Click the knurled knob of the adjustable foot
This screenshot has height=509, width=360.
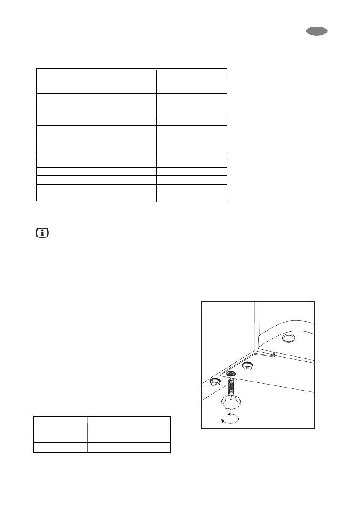[231, 402]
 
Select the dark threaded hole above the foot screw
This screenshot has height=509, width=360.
[231, 374]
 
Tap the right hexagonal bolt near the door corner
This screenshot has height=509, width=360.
[247, 366]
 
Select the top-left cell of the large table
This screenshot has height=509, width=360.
[96, 72]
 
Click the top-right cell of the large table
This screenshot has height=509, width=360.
[192, 72]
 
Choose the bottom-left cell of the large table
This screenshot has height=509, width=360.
[96, 197]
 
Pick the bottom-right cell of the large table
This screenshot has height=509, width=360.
[192, 197]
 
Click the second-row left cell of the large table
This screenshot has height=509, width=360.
[96, 85]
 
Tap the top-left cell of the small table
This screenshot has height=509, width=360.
[60, 421]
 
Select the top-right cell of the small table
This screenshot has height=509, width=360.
[129, 421]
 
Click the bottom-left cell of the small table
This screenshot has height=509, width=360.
[60, 447]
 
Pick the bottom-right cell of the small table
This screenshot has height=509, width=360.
[129, 447]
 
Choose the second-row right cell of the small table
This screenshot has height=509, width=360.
[129, 430]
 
